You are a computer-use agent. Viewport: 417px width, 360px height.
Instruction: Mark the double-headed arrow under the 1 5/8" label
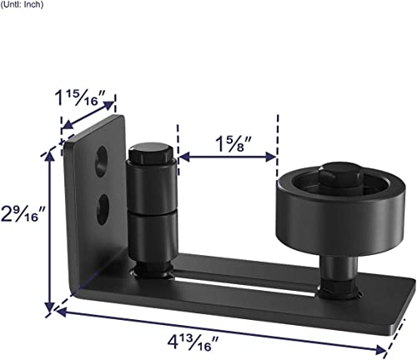tap(228, 155)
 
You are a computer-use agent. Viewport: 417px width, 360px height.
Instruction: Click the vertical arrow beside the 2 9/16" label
tap(49, 229)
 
